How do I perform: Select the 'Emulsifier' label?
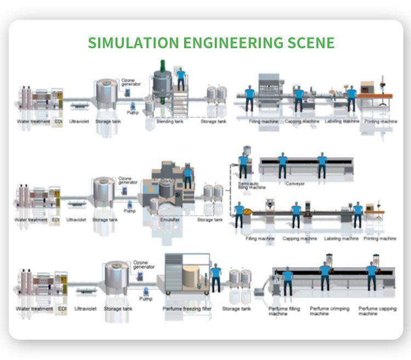point(168,220)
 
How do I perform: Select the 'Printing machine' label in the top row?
point(381,121)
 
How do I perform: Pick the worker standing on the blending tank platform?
point(181,79)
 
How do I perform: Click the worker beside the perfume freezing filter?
point(216,277)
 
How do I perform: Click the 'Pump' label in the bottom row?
point(145,299)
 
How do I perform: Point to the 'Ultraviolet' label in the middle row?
point(76,220)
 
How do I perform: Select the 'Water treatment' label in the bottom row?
point(35,308)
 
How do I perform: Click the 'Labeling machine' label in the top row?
point(341,121)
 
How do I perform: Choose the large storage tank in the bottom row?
point(116,276)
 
